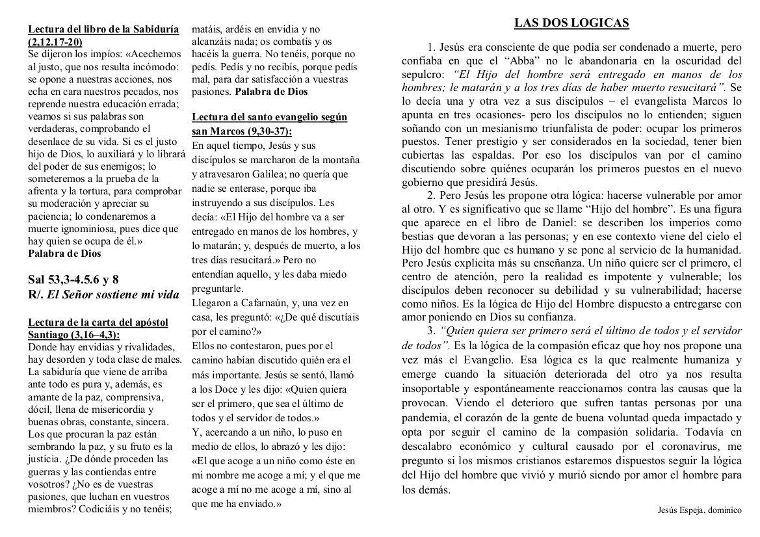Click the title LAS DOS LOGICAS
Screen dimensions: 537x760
click(571, 23)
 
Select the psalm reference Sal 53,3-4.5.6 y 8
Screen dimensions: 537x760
click(73, 280)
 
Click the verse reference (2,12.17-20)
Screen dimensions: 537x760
click(55, 41)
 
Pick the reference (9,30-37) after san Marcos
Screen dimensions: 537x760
click(267, 131)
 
